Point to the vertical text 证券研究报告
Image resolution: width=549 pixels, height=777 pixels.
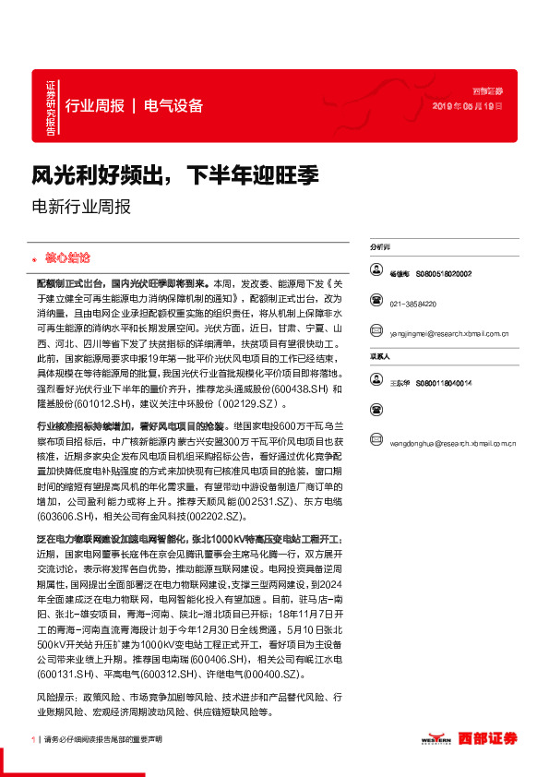pos(50,106)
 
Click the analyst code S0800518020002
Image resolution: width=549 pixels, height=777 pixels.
pos(443,274)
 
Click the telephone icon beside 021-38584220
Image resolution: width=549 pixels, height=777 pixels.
pos(376,300)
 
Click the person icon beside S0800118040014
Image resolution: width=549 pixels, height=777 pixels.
pos(376,381)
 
